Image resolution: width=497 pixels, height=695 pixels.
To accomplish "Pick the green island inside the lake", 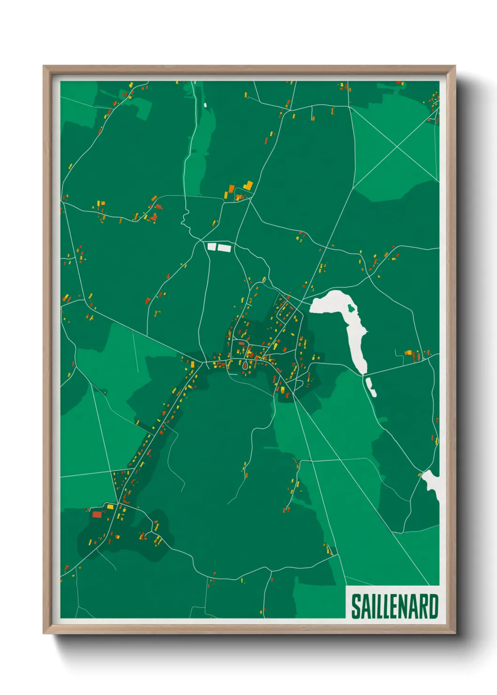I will click(x=351, y=309).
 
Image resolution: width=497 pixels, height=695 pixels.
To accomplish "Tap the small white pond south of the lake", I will click(x=371, y=387).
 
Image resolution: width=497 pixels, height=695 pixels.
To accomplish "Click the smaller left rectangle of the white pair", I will click(x=212, y=247).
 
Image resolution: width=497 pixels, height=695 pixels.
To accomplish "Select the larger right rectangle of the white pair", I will click(x=225, y=247).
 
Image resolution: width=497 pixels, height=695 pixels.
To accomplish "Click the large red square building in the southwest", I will click(x=97, y=514).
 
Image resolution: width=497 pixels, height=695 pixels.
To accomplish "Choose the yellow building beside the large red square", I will click(x=110, y=506).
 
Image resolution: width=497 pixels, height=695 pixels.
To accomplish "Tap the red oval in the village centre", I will click(x=245, y=364).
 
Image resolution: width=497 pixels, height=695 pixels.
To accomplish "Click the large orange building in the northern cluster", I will click(x=231, y=189).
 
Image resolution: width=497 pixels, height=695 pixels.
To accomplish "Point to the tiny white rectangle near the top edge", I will click(x=205, y=104).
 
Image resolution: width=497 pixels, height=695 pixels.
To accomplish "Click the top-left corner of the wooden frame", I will click(x=44, y=67).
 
